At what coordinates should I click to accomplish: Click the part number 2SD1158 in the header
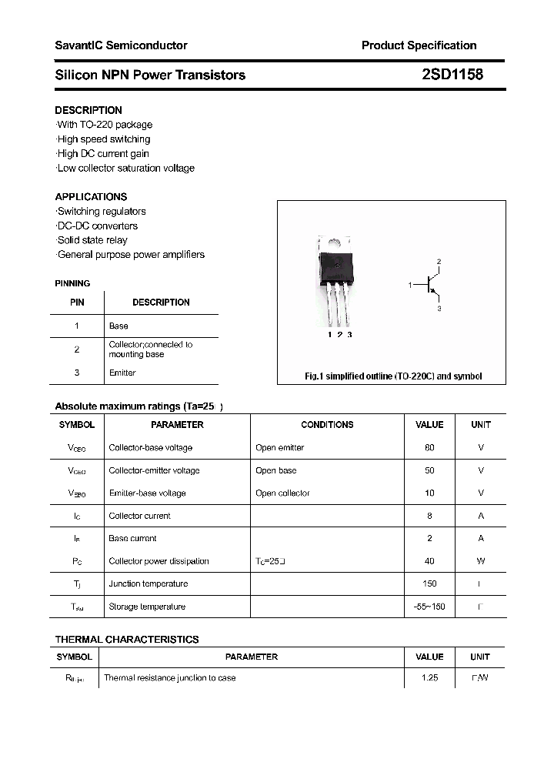452,75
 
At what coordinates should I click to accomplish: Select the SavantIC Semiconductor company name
121,45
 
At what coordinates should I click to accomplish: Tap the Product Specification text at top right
419,45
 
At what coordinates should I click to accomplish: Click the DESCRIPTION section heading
88,110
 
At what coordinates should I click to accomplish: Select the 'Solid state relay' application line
92,240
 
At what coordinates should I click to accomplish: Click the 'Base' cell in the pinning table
118,326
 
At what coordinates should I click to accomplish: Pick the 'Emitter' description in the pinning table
122,373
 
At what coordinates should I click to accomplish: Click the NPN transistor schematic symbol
429,286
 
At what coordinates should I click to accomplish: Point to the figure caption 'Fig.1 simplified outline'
393,376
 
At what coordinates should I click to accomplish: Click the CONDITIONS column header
327,425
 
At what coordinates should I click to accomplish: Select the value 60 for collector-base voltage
429,447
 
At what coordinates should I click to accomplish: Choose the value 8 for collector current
429,516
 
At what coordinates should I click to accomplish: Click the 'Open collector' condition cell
282,493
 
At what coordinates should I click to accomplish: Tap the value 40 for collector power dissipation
429,561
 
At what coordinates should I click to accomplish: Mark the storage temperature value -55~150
429,607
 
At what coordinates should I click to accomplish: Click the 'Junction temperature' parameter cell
148,583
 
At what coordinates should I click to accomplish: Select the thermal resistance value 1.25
429,678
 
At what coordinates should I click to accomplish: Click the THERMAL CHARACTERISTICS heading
127,639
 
